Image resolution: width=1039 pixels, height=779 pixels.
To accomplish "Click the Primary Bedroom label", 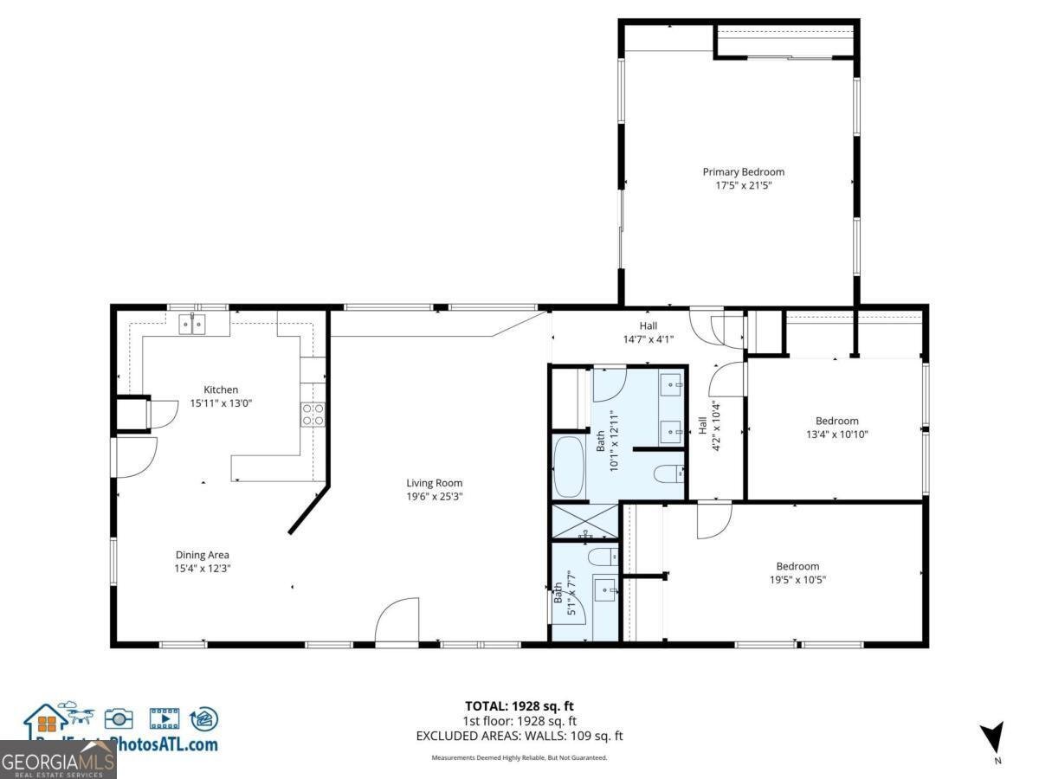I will click(x=743, y=171).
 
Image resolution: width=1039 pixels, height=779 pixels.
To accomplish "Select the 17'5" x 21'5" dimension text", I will click(x=743, y=185).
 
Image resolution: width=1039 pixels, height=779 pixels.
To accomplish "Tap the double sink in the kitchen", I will click(x=192, y=325).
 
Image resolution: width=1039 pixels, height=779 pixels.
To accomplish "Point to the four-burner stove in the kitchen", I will click(x=313, y=415).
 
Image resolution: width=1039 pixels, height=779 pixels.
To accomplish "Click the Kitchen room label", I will click(x=220, y=389).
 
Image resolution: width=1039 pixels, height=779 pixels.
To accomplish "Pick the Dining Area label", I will click(x=202, y=555).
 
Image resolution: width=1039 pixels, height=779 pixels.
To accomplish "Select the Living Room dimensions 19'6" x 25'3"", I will click(x=435, y=497).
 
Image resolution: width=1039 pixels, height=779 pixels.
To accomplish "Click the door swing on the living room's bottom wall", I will click(x=397, y=621).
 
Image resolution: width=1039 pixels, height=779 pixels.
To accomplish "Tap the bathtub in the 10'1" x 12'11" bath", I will click(x=569, y=467).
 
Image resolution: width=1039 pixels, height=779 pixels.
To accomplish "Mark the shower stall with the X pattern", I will click(x=584, y=522).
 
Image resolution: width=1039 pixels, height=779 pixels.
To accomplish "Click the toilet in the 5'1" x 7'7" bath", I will click(x=603, y=556).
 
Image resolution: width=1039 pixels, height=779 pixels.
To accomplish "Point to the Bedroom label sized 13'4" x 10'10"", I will click(x=836, y=421).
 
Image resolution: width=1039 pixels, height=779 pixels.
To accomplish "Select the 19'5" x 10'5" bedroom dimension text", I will click(x=797, y=580).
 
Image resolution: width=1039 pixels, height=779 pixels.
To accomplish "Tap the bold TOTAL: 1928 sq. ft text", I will click(x=519, y=705).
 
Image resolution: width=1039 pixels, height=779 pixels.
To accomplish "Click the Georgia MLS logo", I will click(x=58, y=763).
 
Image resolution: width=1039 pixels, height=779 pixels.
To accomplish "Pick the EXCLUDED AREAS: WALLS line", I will click(x=519, y=736).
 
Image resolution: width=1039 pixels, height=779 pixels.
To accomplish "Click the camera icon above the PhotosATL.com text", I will click(x=119, y=718).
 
